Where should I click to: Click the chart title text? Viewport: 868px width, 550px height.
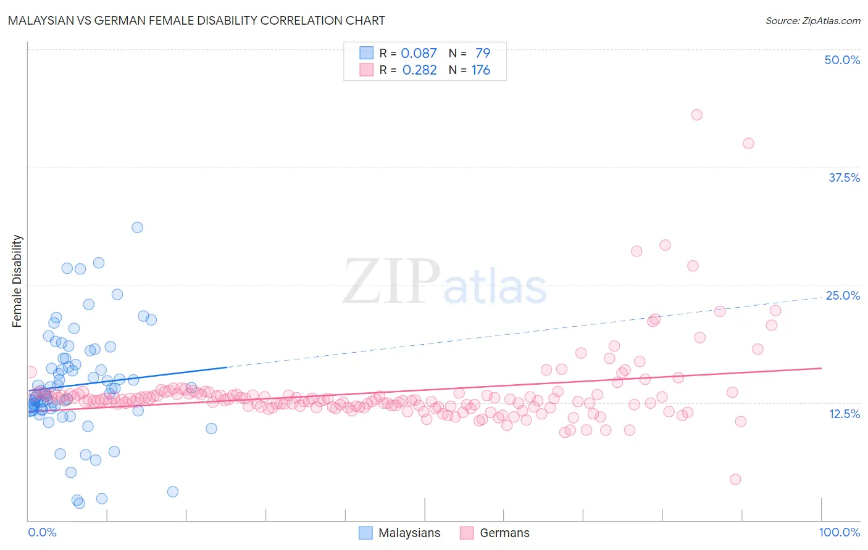click(196, 21)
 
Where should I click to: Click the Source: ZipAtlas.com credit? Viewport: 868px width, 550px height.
click(812, 21)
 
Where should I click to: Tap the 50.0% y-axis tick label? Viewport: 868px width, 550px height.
click(842, 60)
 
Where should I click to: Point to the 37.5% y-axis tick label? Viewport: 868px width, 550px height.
click(844, 178)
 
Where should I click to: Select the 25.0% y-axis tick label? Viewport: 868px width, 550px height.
click(843, 295)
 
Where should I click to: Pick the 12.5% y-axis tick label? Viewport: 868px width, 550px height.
click(844, 414)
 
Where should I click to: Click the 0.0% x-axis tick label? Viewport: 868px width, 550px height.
click(42, 532)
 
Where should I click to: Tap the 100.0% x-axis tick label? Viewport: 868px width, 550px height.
click(839, 532)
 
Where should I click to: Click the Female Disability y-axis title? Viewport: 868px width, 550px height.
click(17, 281)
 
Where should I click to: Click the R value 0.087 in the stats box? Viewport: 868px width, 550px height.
click(419, 54)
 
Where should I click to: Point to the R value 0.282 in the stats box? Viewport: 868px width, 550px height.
click(419, 70)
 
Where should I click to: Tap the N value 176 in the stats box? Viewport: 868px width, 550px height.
click(480, 70)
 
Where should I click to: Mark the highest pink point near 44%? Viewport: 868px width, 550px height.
click(697, 115)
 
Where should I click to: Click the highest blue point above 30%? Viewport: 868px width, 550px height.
click(137, 228)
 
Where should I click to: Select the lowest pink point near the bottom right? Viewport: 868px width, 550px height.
click(735, 479)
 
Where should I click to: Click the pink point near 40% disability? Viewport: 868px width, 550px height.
click(748, 143)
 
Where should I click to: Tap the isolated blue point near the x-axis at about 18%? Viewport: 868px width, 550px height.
click(173, 491)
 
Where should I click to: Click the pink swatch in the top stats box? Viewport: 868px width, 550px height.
click(366, 70)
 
